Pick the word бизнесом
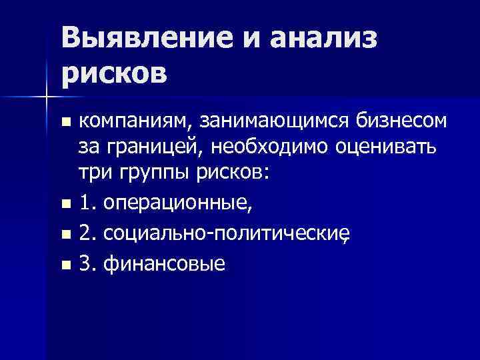pos(401,121)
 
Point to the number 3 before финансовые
pos(84,265)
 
